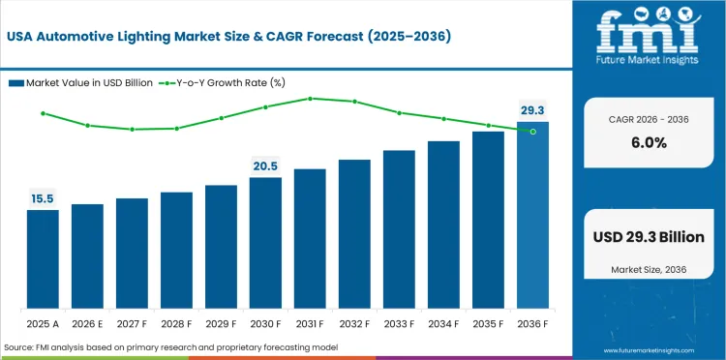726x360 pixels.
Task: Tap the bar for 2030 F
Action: coord(265,241)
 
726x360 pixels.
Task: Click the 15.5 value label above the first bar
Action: coord(42,199)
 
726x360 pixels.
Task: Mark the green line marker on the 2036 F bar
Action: coord(532,131)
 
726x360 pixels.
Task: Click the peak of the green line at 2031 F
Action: coord(310,98)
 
